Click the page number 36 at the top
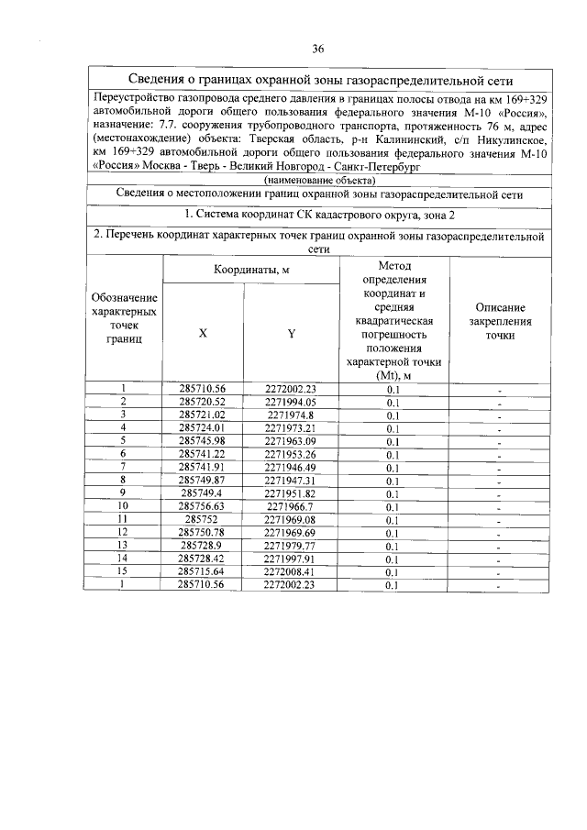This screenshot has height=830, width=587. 318,49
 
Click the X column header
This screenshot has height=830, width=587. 203,333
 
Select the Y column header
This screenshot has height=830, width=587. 291,333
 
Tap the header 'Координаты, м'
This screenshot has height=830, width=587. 251,270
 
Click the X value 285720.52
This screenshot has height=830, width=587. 203,402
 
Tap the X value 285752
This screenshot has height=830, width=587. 203,518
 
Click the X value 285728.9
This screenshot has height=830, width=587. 203,545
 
